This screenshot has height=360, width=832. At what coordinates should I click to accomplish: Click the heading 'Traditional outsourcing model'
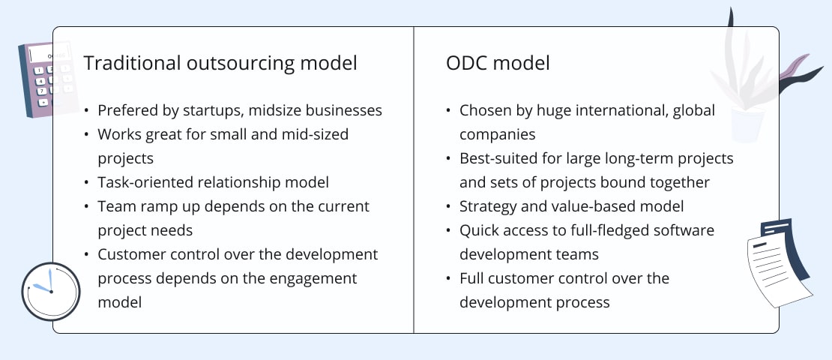tap(220, 63)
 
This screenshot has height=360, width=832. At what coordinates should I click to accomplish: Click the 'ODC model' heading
tap(498, 63)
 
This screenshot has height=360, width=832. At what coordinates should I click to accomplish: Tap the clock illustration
tap(51, 292)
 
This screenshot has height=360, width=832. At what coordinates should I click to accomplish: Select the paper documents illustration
tap(779, 262)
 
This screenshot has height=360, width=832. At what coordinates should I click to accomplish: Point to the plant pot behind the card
tap(747, 124)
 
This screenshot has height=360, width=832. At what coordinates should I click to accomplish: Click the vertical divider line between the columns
tap(413, 180)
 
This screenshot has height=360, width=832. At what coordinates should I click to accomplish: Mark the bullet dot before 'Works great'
tap(86, 134)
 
